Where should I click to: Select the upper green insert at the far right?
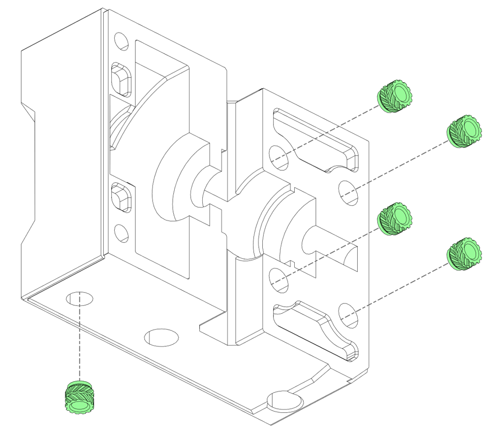(x=464, y=131)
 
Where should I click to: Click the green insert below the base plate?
(x=79, y=396)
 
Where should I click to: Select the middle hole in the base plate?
(x=161, y=337)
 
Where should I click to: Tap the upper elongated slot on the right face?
(x=315, y=140)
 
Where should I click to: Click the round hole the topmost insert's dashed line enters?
(x=279, y=157)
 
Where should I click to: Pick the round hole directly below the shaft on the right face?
(x=280, y=279)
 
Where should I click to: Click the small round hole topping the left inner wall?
(x=121, y=41)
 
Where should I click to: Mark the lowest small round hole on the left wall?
(x=121, y=233)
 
